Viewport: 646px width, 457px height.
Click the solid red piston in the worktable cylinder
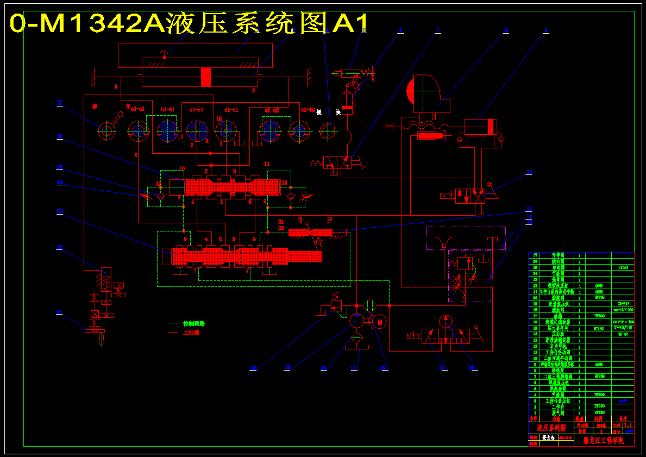click(205, 77)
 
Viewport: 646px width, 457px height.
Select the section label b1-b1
click(168, 110)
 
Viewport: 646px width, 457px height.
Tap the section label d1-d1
click(231, 110)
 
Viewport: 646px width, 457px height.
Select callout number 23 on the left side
click(60, 211)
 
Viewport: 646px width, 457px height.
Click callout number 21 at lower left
click(60, 312)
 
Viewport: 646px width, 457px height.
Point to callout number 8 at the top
click(506, 31)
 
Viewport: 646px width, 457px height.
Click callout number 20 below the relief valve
click(253, 368)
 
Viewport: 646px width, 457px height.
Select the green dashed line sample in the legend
click(173, 323)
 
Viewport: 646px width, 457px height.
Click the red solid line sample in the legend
click(173, 332)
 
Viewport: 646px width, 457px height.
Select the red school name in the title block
click(603, 440)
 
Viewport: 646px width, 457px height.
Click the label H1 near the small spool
click(281, 222)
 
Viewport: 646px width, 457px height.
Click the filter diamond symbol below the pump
click(356, 338)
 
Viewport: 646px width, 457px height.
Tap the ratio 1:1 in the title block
click(628, 425)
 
